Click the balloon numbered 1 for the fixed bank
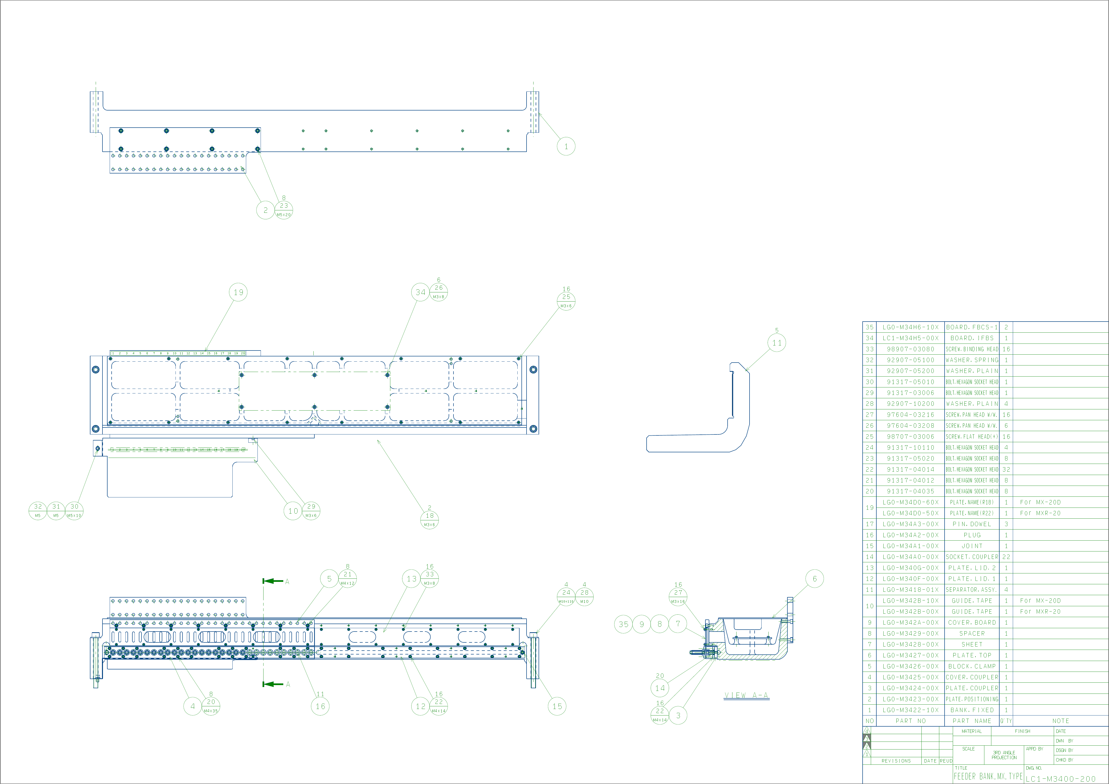566,146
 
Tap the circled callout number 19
238,292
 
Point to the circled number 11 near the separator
777,343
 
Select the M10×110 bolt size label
566,602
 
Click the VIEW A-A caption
746,695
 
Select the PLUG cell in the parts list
972,535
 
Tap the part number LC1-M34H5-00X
911,338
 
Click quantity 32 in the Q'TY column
1006,469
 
